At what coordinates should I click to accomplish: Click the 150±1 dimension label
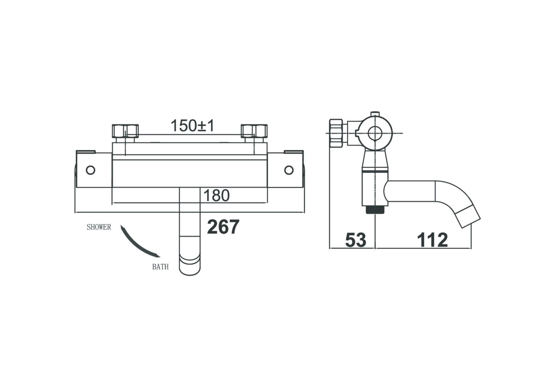(x=192, y=125)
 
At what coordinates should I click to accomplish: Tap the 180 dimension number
(x=216, y=195)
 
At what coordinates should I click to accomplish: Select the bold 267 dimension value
(x=223, y=227)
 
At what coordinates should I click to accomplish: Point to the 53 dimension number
(x=356, y=240)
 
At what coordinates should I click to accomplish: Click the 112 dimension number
(x=433, y=240)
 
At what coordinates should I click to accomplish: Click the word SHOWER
(x=99, y=227)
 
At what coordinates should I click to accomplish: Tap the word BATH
(x=160, y=267)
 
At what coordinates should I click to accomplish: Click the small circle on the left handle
(x=90, y=170)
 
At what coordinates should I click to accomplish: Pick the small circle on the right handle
(x=289, y=170)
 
